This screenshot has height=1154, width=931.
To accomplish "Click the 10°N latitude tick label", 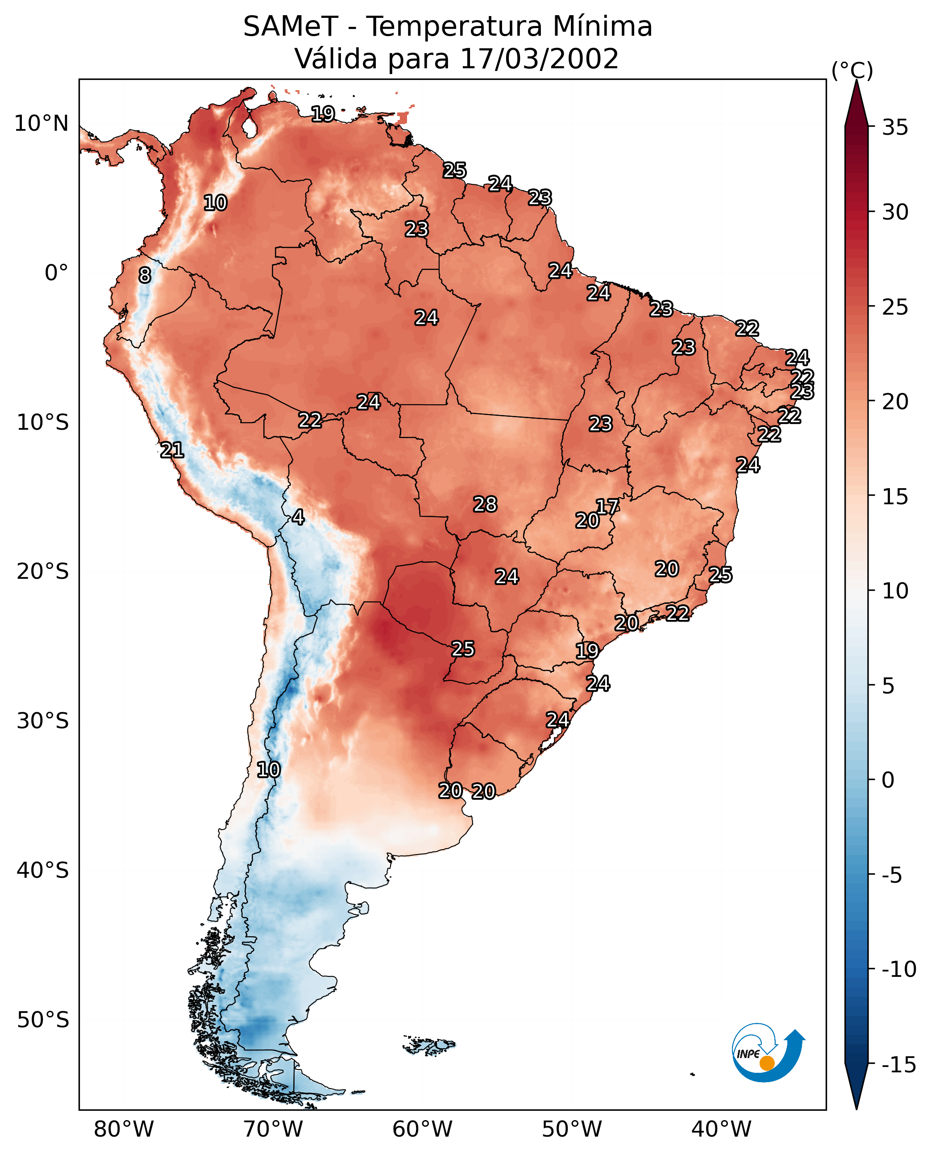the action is (42, 124).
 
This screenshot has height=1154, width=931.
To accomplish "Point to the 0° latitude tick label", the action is (56, 273).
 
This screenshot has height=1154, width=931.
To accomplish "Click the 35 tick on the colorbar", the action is (895, 128).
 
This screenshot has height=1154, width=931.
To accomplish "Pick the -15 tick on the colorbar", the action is (899, 1065).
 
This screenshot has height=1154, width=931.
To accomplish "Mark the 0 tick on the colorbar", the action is (888, 780).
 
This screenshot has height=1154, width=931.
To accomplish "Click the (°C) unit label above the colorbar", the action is (852, 70).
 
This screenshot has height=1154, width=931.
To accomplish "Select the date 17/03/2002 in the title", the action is (540, 58).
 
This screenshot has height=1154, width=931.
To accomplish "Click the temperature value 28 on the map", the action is (485, 504).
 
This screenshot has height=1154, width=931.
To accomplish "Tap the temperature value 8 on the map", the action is (145, 275).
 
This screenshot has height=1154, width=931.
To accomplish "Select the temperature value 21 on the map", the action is (172, 450).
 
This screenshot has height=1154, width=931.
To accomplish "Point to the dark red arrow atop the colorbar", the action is (856, 104).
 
